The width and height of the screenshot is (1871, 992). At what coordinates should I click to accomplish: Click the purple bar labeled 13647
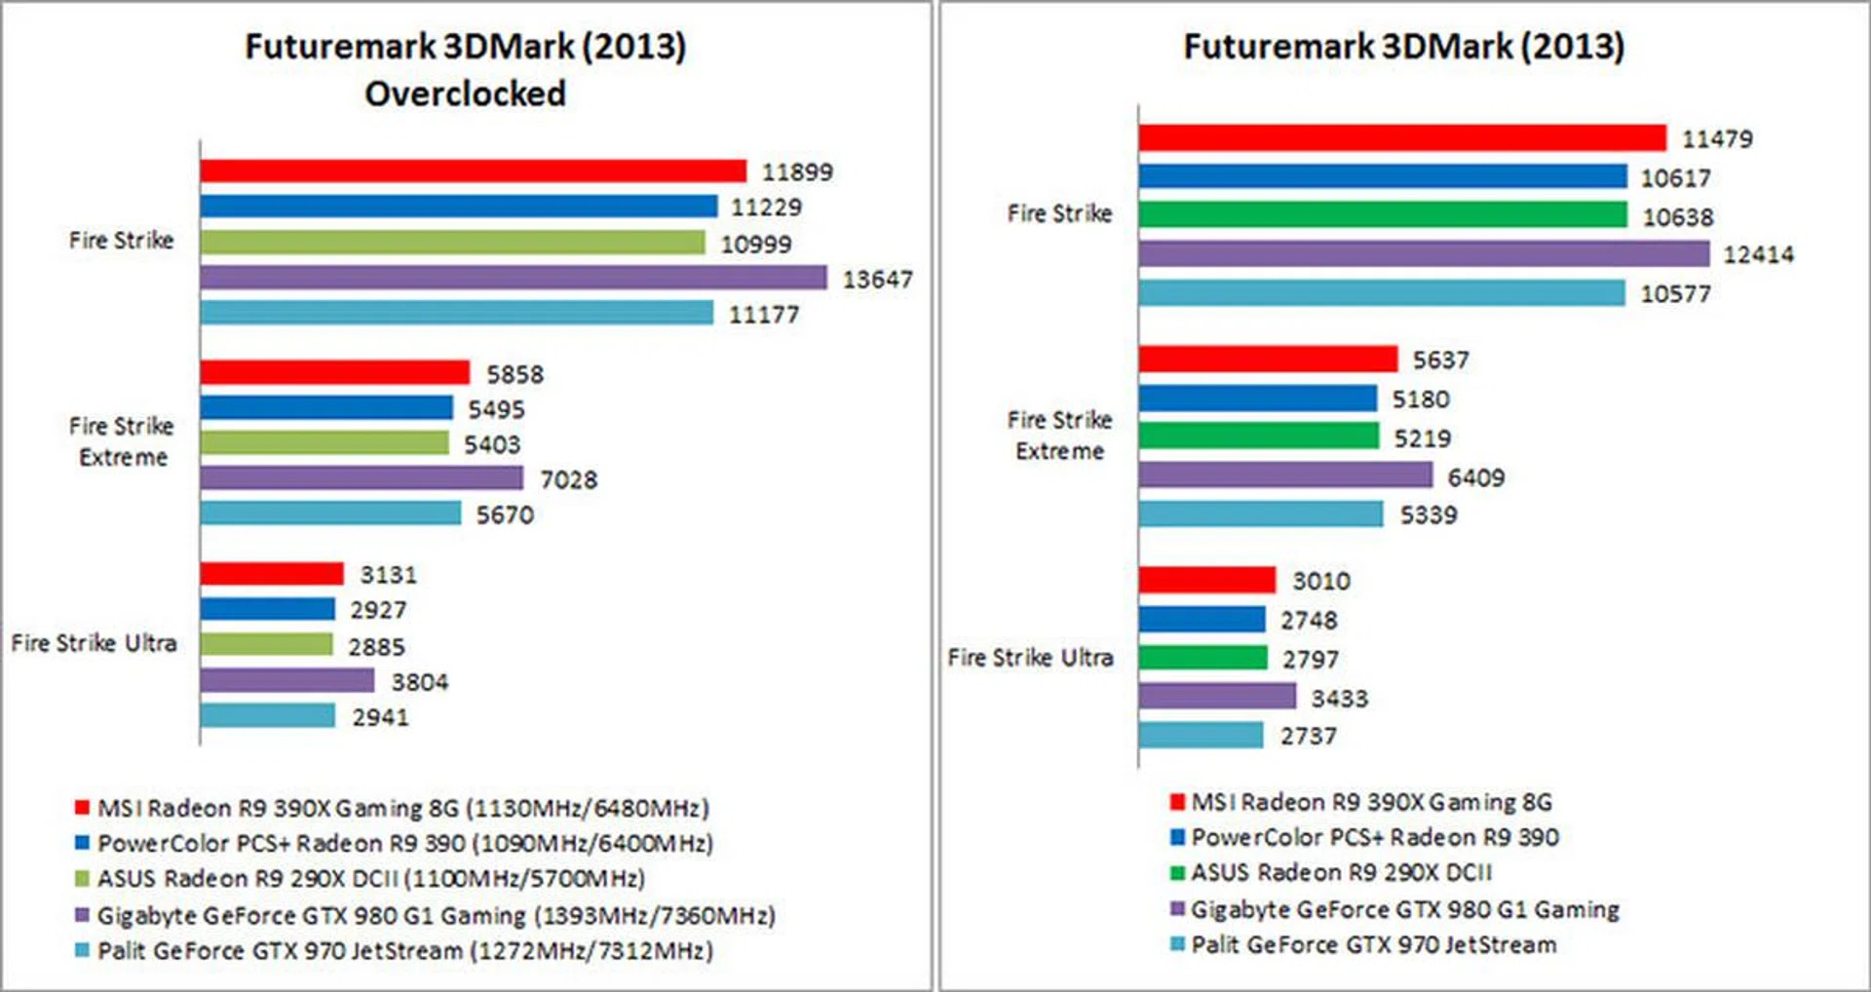click(x=514, y=278)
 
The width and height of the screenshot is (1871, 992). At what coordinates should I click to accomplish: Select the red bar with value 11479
click(x=1402, y=137)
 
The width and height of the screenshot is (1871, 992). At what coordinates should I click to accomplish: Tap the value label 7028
click(x=568, y=479)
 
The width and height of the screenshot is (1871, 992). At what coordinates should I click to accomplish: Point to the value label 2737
click(x=1308, y=736)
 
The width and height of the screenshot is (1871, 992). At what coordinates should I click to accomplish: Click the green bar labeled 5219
click(x=1259, y=436)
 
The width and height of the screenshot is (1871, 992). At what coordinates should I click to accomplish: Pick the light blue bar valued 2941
click(x=268, y=716)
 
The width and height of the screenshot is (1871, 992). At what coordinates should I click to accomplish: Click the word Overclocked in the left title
click(x=465, y=94)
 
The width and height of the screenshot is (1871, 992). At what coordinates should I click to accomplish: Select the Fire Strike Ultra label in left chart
click(x=94, y=643)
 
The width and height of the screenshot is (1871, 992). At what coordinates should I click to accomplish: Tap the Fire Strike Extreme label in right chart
click(x=1059, y=435)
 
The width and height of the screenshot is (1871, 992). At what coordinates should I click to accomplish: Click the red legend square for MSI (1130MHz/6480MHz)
click(x=82, y=807)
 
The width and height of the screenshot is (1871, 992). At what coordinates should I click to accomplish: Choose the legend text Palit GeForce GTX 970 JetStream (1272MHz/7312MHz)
click(x=404, y=950)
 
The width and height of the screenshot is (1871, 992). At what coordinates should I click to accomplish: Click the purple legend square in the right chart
click(x=1177, y=909)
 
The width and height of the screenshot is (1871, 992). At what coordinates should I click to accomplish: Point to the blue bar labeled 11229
click(x=459, y=207)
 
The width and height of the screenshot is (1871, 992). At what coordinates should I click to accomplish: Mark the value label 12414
click(x=1758, y=254)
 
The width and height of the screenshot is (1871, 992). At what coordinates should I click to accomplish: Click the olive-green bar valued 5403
click(x=325, y=443)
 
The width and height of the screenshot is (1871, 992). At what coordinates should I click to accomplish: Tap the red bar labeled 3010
click(x=1206, y=580)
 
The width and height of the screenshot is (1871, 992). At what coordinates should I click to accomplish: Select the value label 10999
click(x=755, y=244)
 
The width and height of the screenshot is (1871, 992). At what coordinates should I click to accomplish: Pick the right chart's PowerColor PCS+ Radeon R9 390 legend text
click(x=1374, y=837)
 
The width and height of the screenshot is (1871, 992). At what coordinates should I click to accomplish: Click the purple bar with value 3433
click(x=1217, y=696)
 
